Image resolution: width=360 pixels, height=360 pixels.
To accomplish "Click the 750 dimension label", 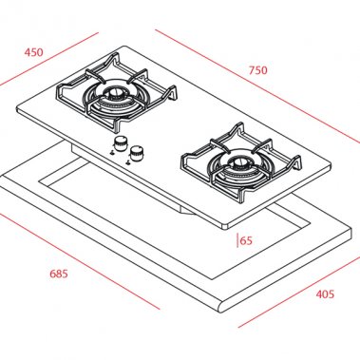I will coord(257,69).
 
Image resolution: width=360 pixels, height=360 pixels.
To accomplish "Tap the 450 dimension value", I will coord(34,51).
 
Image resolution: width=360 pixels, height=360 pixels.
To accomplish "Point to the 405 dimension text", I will coord(324,294).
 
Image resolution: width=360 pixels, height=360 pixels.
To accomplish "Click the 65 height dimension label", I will coord(246,241).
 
